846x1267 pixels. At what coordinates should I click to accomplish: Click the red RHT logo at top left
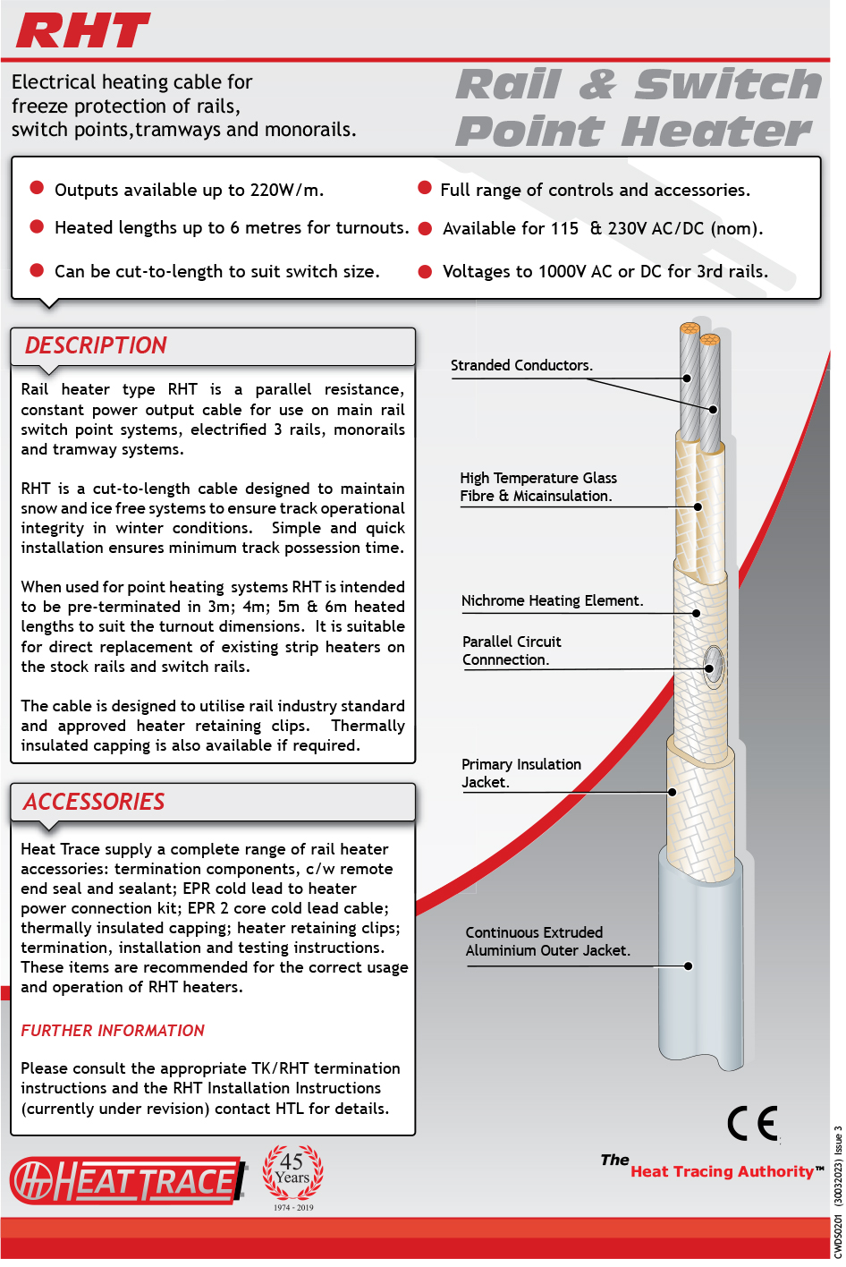pyautogui.click(x=82, y=31)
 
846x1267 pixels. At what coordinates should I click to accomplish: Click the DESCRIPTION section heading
pyautogui.click(x=96, y=346)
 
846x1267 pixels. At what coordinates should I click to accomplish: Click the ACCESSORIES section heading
pyautogui.click(x=94, y=803)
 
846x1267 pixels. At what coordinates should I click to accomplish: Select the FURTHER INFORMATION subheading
pyautogui.click(x=113, y=1032)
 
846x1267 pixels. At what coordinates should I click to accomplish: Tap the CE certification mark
pyautogui.click(x=752, y=1124)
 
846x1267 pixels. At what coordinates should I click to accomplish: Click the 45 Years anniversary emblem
pyautogui.click(x=293, y=1174)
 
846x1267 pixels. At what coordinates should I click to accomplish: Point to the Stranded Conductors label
pyautogui.click(x=521, y=366)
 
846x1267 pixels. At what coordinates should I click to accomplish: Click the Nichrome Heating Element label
pyautogui.click(x=552, y=601)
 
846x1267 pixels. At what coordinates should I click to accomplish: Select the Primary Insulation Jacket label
pyautogui.click(x=520, y=774)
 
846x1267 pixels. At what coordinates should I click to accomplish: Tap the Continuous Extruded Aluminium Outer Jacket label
pyautogui.click(x=547, y=942)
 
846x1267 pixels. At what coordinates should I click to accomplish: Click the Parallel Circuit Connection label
pyautogui.click(x=512, y=651)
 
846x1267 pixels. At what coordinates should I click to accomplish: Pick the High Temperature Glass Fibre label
pyautogui.click(x=537, y=488)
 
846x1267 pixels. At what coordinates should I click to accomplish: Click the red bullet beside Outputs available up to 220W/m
pyautogui.click(x=38, y=188)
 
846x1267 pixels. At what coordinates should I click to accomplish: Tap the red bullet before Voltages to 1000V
pyautogui.click(x=426, y=272)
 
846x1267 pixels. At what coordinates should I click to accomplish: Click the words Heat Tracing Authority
pyautogui.click(x=722, y=1172)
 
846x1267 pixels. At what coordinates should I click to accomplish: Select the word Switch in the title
pyautogui.click(x=728, y=85)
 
